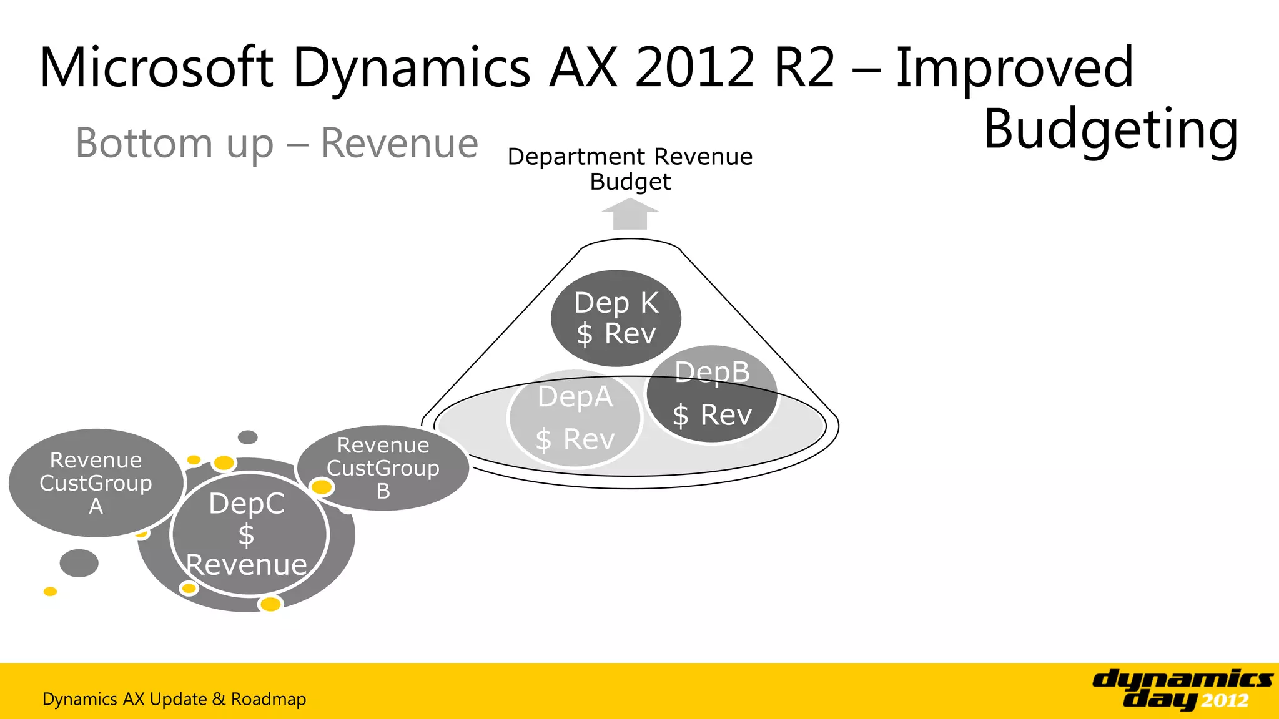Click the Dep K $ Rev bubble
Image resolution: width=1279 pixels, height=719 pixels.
(x=616, y=318)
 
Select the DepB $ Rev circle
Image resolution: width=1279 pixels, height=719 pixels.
(x=712, y=394)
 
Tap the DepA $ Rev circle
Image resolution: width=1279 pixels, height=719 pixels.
(x=575, y=418)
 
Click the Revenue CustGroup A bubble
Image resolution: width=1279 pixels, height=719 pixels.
(x=96, y=482)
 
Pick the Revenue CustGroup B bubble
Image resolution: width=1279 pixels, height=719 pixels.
(x=383, y=467)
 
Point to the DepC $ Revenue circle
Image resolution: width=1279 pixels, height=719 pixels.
(x=248, y=534)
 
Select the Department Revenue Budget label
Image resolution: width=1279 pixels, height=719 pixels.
(x=630, y=169)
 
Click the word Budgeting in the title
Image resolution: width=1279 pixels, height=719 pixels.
(x=1110, y=129)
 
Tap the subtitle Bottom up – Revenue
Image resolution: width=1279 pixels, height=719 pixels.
(x=277, y=143)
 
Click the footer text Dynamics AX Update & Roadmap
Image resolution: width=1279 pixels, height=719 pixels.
(x=174, y=699)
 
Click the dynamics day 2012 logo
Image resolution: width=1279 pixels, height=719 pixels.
(x=1182, y=689)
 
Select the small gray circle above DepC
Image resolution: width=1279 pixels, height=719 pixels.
(x=248, y=437)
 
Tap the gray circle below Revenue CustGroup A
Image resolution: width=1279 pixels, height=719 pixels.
(x=79, y=563)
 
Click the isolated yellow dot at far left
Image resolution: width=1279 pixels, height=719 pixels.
(x=51, y=591)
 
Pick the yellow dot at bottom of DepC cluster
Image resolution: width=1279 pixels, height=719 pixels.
(x=270, y=604)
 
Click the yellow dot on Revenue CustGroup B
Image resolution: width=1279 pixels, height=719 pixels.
(x=322, y=487)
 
